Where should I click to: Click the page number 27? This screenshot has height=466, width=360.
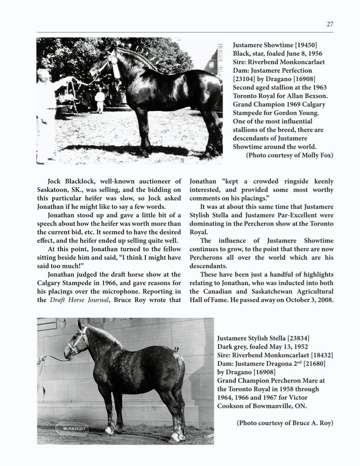pyautogui.click(x=329, y=24)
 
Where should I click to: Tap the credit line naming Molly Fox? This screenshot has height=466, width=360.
pyautogui.click(x=289, y=155)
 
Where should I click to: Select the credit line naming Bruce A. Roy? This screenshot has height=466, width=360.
pyautogui.click(x=285, y=423)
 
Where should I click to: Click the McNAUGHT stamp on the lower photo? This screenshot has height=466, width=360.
pyautogui.click(x=71, y=427)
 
